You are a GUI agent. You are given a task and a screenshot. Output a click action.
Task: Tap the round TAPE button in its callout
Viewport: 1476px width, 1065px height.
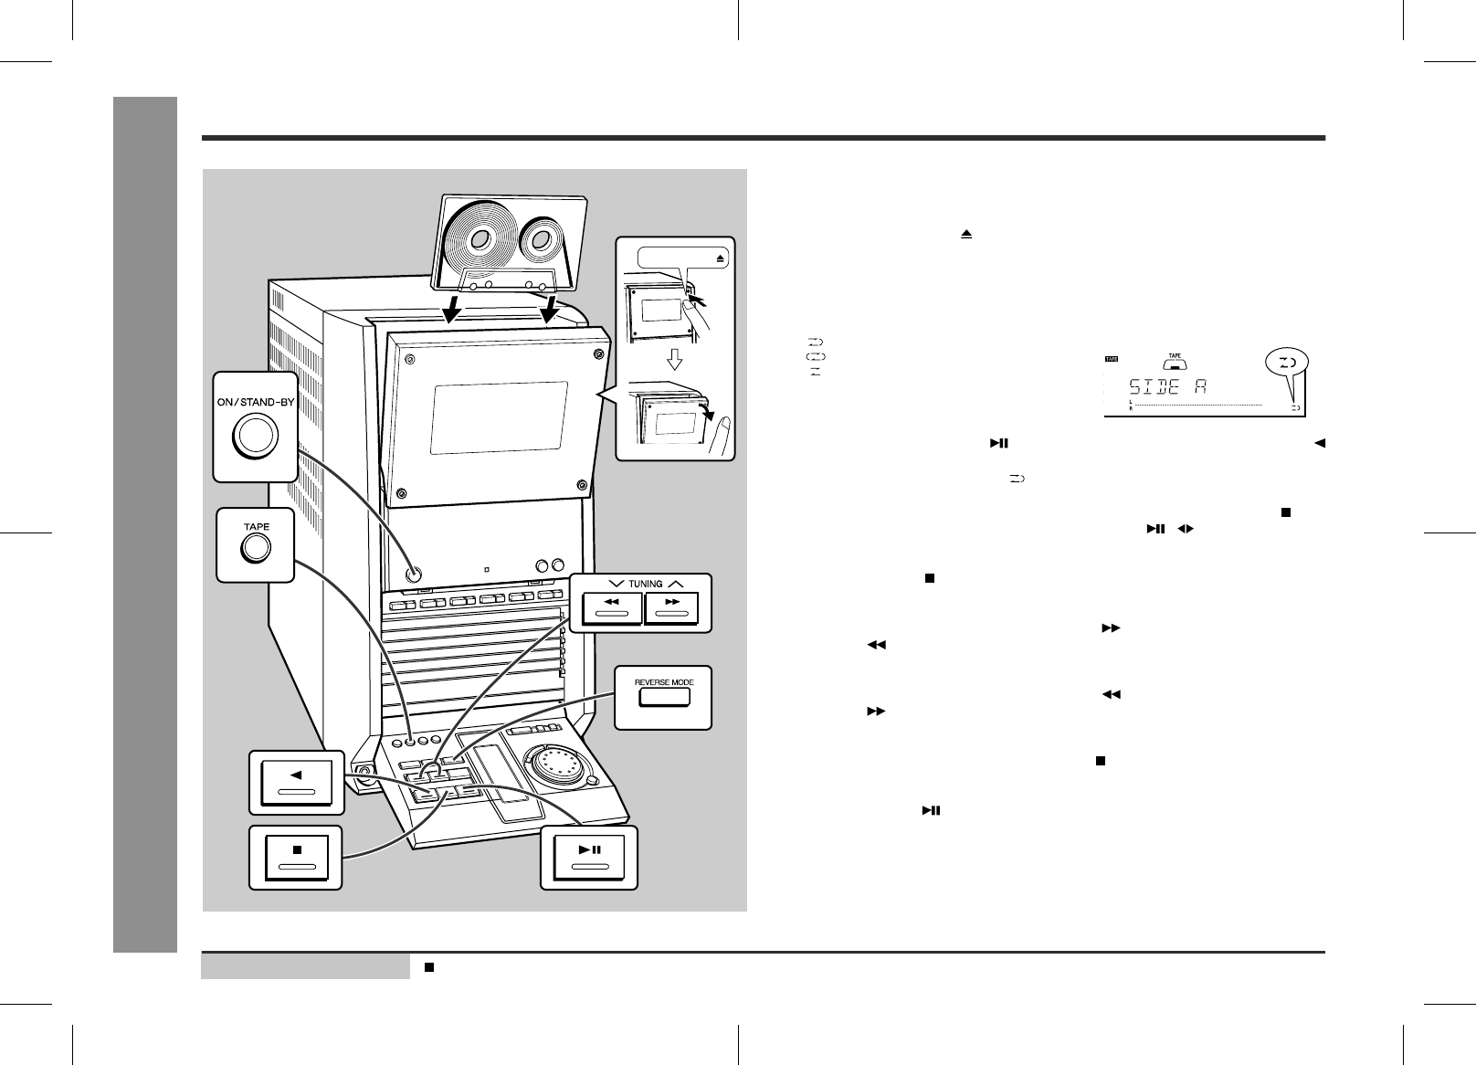[x=255, y=548]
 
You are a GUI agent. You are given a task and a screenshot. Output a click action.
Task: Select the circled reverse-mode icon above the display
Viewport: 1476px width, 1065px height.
[x=1286, y=364]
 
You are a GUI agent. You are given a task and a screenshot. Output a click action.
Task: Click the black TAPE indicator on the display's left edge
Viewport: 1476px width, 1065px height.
[x=1112, y=359]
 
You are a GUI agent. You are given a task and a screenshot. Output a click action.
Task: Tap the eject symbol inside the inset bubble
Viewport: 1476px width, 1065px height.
[x=721, y=258]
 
